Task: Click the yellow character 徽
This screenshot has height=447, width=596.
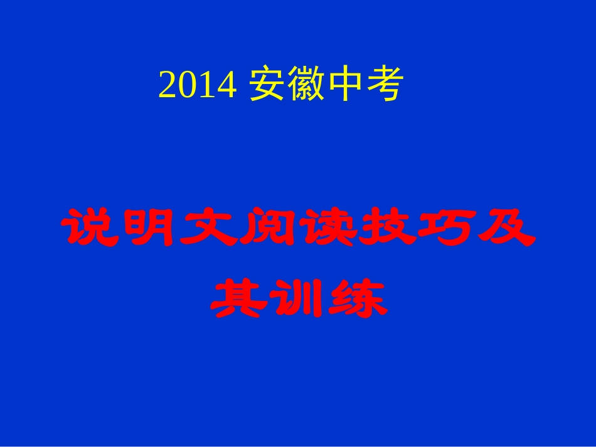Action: point(306,85)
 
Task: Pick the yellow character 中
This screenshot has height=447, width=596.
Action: point(344,85)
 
